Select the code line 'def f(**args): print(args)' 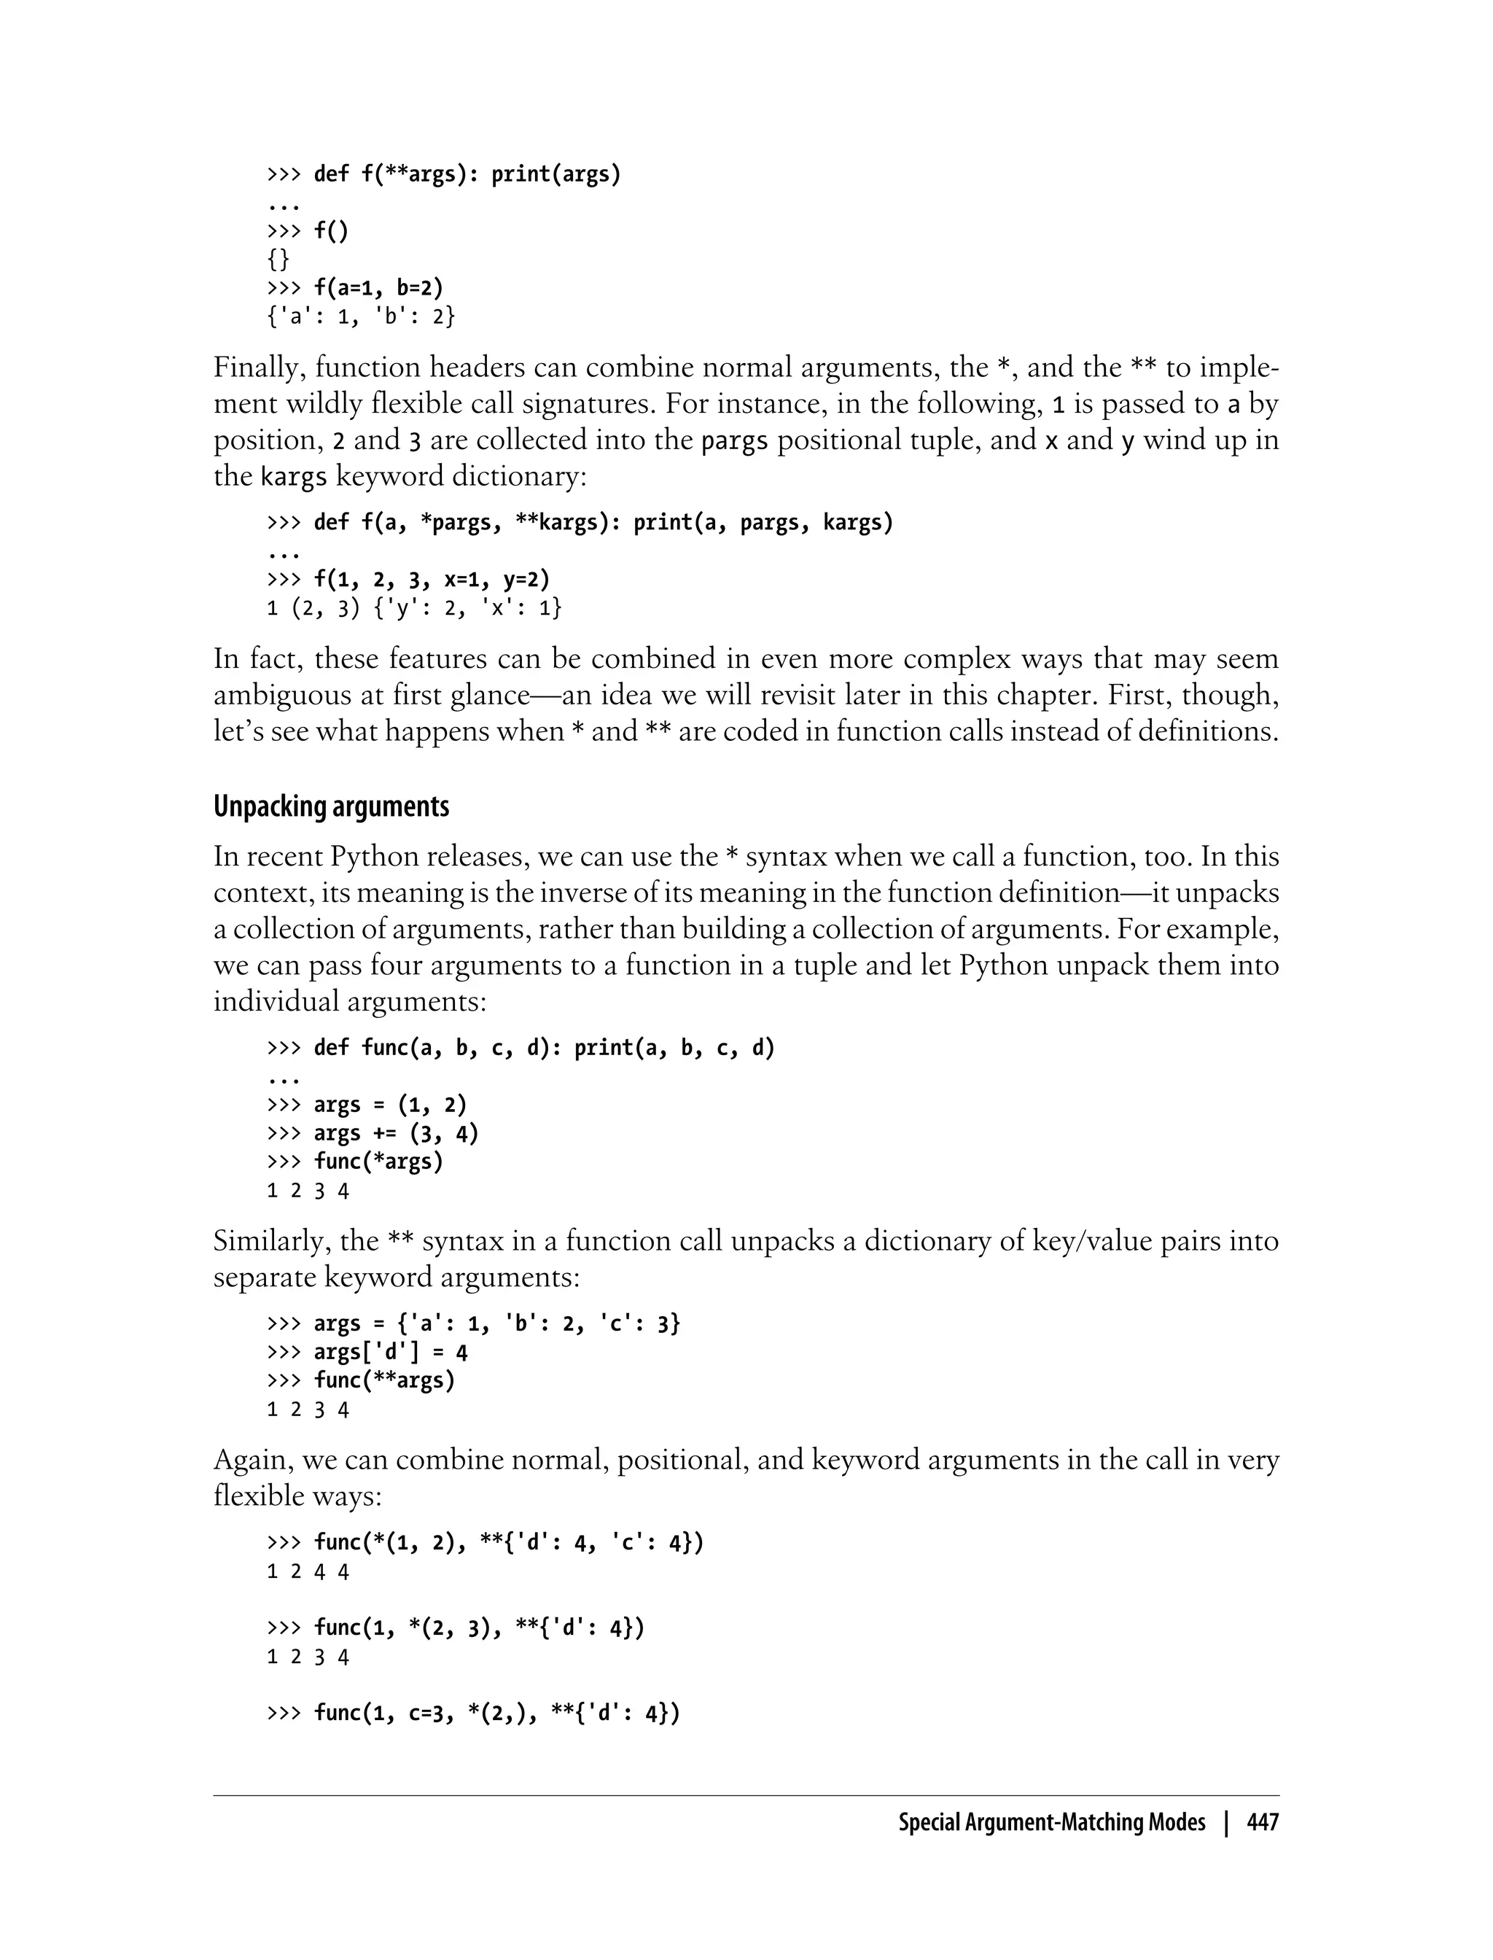(x=467, y=174)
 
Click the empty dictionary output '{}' (x=278, y=260)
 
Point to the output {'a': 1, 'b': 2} (x=361, y=316)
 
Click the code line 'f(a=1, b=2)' (x=378, y=288)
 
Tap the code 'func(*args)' (x=378, y=1162)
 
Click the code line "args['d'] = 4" (x=390, y=1352)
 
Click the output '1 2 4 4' (x=308, y=1571)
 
